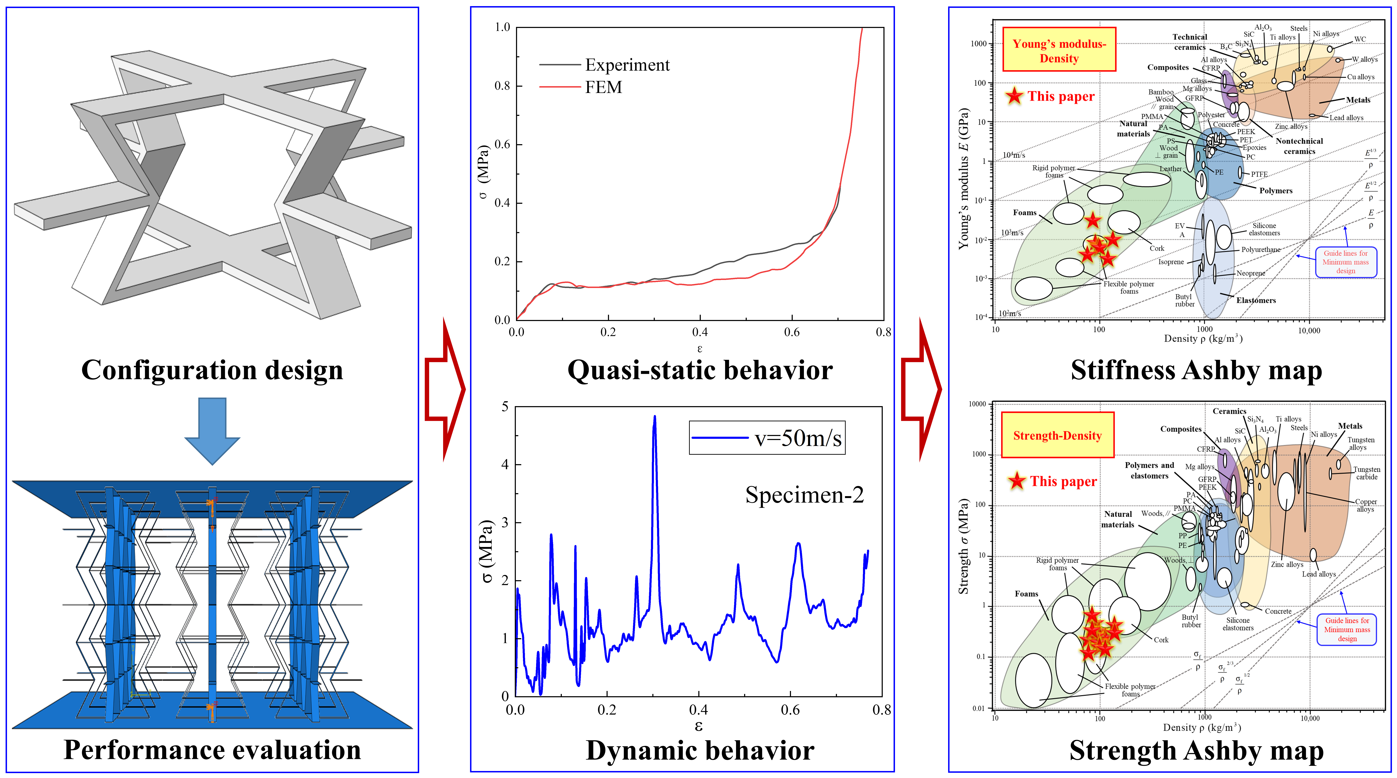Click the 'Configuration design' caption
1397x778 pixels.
point(212,370)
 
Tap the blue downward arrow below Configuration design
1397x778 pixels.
point(212,431)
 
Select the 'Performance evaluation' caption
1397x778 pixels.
point(212,750)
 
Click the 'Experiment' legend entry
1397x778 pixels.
point(627,65)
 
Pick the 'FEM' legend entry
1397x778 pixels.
point(603,87)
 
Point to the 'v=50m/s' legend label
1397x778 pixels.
point(798,438)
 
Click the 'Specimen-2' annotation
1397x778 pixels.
point(804,495)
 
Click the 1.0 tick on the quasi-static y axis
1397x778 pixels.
point(502,27)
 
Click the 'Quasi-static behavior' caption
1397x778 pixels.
point(700,370)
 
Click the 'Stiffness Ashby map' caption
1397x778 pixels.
point(1196,370)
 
